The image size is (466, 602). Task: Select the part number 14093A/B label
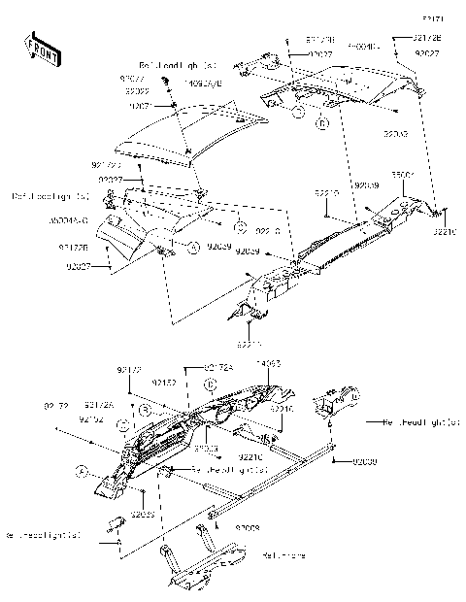(x=200, y=84)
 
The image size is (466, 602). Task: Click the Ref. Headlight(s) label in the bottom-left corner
(x=45, y=535)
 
